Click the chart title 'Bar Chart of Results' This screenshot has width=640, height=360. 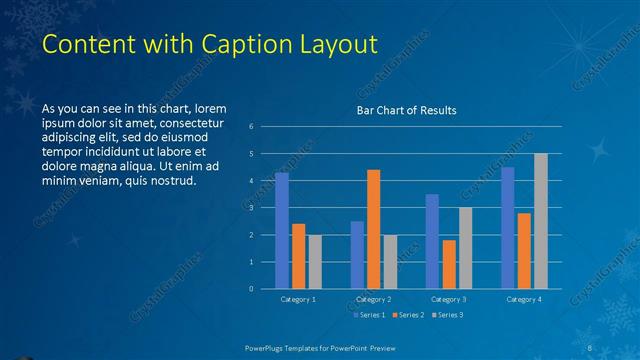[406, 110]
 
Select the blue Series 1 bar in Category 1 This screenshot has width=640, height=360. [282, 230]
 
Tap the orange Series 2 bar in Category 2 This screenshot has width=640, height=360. [373, 229]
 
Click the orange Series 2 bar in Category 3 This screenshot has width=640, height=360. [449, 264]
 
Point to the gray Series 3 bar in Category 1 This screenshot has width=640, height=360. [314, 261]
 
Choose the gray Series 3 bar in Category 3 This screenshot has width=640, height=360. [465, 247]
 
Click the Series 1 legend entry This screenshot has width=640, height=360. [371, 315]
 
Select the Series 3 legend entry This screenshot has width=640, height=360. [446, 315]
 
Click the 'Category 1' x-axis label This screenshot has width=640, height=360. [297, 299]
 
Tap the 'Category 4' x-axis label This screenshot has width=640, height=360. [525, 299]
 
